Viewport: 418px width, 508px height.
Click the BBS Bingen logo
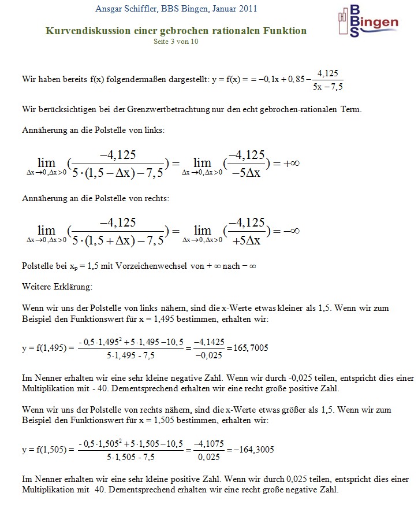coord(367,21)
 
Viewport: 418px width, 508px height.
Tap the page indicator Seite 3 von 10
coord(176,42)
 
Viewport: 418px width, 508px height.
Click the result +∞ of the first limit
coord(291,164)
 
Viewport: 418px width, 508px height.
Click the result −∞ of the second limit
coord(291,231)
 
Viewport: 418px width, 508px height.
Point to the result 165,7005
coord(249,348)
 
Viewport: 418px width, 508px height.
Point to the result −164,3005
coord(251,449)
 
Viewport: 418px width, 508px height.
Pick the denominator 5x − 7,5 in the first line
coord(327,87)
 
